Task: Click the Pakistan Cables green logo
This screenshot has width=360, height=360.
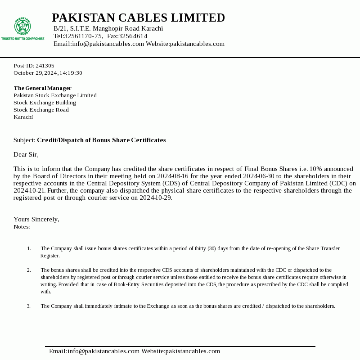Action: (x=22, y=28)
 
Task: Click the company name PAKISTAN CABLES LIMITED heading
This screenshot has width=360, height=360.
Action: (x=138, y=18)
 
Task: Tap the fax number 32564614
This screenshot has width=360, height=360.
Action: (x=133, y=36)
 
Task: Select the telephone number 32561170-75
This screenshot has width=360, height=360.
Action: (x=83, y=36)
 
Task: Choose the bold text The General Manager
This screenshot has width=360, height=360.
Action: (x=42, y=88)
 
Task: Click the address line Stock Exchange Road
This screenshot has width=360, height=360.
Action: (x=41, y=110)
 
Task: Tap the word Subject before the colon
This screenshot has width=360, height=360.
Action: (x=24, y=140)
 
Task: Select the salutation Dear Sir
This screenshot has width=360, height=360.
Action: (x=26, y=155)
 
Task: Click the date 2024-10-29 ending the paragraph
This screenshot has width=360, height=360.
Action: (x=155, y=198)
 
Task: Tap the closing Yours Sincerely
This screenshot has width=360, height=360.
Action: (x=36, y=220)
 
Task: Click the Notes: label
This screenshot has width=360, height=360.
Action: (x=22, y=227)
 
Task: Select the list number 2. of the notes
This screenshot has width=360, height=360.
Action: (x=29, y=270)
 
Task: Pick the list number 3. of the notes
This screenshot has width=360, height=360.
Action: (x=29, y=306)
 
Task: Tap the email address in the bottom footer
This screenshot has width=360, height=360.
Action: (x=94, y=351)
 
